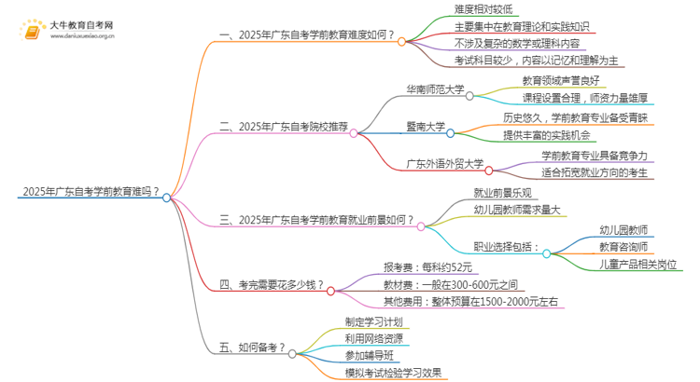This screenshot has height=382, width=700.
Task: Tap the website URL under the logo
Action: tap(82, 36)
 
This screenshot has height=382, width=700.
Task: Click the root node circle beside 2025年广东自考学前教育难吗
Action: tap(166, 198)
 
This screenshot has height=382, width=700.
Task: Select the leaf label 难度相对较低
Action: tap(483, 9)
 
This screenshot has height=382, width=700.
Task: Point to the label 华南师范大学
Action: tap(435, 89)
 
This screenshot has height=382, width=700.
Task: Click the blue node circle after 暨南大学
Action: tap(451, 133)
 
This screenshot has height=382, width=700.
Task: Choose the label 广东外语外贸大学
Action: tap(444, 164)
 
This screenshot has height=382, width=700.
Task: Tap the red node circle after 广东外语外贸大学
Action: tap(489, 171)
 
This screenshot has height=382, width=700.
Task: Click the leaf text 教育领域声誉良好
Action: tap(561, 81)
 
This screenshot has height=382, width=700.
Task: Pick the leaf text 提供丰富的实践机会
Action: tap(547, 135)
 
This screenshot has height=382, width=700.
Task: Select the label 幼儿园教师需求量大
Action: tap(517, 210)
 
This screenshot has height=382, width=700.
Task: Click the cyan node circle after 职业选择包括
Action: tap(546, 253)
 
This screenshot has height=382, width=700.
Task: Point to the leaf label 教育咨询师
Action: tap(623, 247)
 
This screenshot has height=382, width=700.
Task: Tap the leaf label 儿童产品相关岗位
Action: tap(638, 265)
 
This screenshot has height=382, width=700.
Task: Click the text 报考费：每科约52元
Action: tap(427, 267)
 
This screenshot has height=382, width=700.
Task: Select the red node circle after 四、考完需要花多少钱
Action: tap(330, 291)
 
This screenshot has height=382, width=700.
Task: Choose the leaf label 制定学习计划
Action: tap(373, 321)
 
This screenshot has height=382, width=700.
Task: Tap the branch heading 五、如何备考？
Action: tap(252, 348)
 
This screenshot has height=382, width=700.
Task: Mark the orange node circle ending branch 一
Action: tap(401, 41)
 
